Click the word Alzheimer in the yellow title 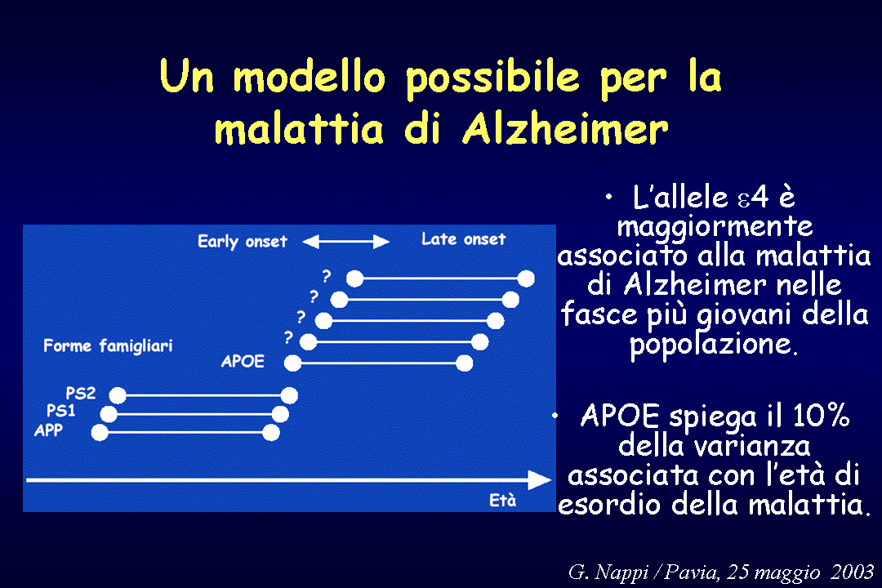tap(565, 128)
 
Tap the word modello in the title tap(309, 76)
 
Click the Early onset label tap(243, 242)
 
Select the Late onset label tap(464, 239)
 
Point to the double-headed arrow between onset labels tap(346, 242)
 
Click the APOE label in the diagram tap(243, 361)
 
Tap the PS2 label tap(80, 393)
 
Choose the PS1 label tap(60, 411)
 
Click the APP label tap(48, 430)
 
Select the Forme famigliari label tap(108, 345)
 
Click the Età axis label tap(502, 501)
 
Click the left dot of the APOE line tap(292, 363)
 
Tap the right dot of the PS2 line tap(289, 395)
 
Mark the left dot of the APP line tap(100, 433)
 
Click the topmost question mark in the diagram tap(326, 276)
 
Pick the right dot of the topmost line tap(526, 278)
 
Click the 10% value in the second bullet tap(821, 416)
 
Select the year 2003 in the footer tap(852, 572)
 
